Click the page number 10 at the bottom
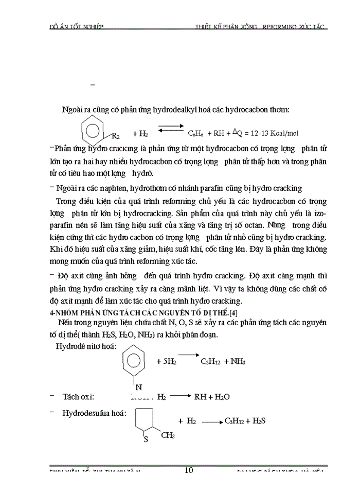pyautogui.click(x=188, y=470)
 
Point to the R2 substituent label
pyautogui.click(x=116, y=136)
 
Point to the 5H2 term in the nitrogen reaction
pyautogui.click(x=167, y=362)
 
